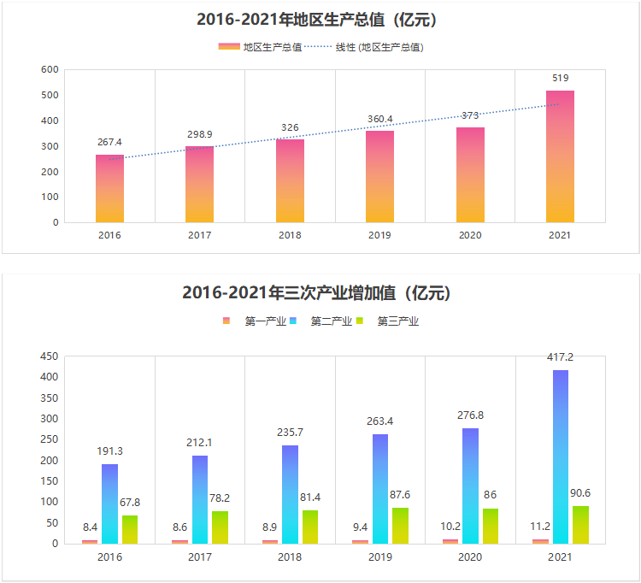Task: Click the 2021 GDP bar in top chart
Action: click(x=560, y=156)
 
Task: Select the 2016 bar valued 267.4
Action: click(x=109, y=189)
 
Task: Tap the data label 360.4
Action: click(x=379, y=118)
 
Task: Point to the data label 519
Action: click(x=560, y=78)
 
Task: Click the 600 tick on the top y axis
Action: click(x=50, y=70)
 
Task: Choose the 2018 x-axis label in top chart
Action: click(x=290, y=235)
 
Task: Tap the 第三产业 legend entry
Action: click(x=397, y=321)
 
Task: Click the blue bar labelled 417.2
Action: click(x=561, y=456)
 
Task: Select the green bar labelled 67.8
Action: click(x=130, y=529)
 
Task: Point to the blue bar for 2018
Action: click(x=290, y=494)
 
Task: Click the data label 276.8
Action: click(x=470, y=415)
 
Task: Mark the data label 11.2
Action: click(x=539, y=527)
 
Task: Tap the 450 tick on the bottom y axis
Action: click(x=50, y=356)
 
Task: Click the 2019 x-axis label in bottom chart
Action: click(x=379, y=556)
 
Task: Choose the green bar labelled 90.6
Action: click(x=581, y=524)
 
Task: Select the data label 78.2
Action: click(x=220, y=498)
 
